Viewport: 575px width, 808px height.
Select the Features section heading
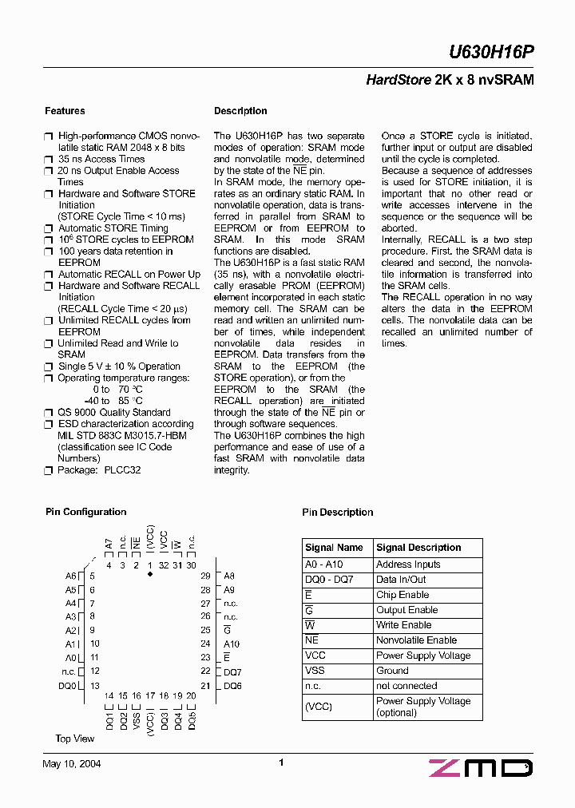coord(65,111)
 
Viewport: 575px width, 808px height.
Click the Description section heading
coord(240,111)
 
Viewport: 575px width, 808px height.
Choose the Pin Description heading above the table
coord(337,513)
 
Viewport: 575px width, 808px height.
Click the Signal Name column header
coord(334,548)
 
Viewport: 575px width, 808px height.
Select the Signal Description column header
coord(418,548)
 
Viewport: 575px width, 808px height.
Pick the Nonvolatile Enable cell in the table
coord(416,640)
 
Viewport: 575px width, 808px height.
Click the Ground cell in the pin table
coord(392,671)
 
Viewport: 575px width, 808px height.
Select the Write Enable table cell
coord(403,625)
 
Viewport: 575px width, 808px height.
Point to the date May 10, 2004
coord(71,764)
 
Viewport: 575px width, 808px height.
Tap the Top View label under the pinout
coord(75,739)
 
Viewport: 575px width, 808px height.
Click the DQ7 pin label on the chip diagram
coord(232,672)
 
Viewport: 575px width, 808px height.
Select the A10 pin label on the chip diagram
coord(232,644)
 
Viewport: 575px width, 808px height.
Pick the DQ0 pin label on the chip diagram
coord(68,686)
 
